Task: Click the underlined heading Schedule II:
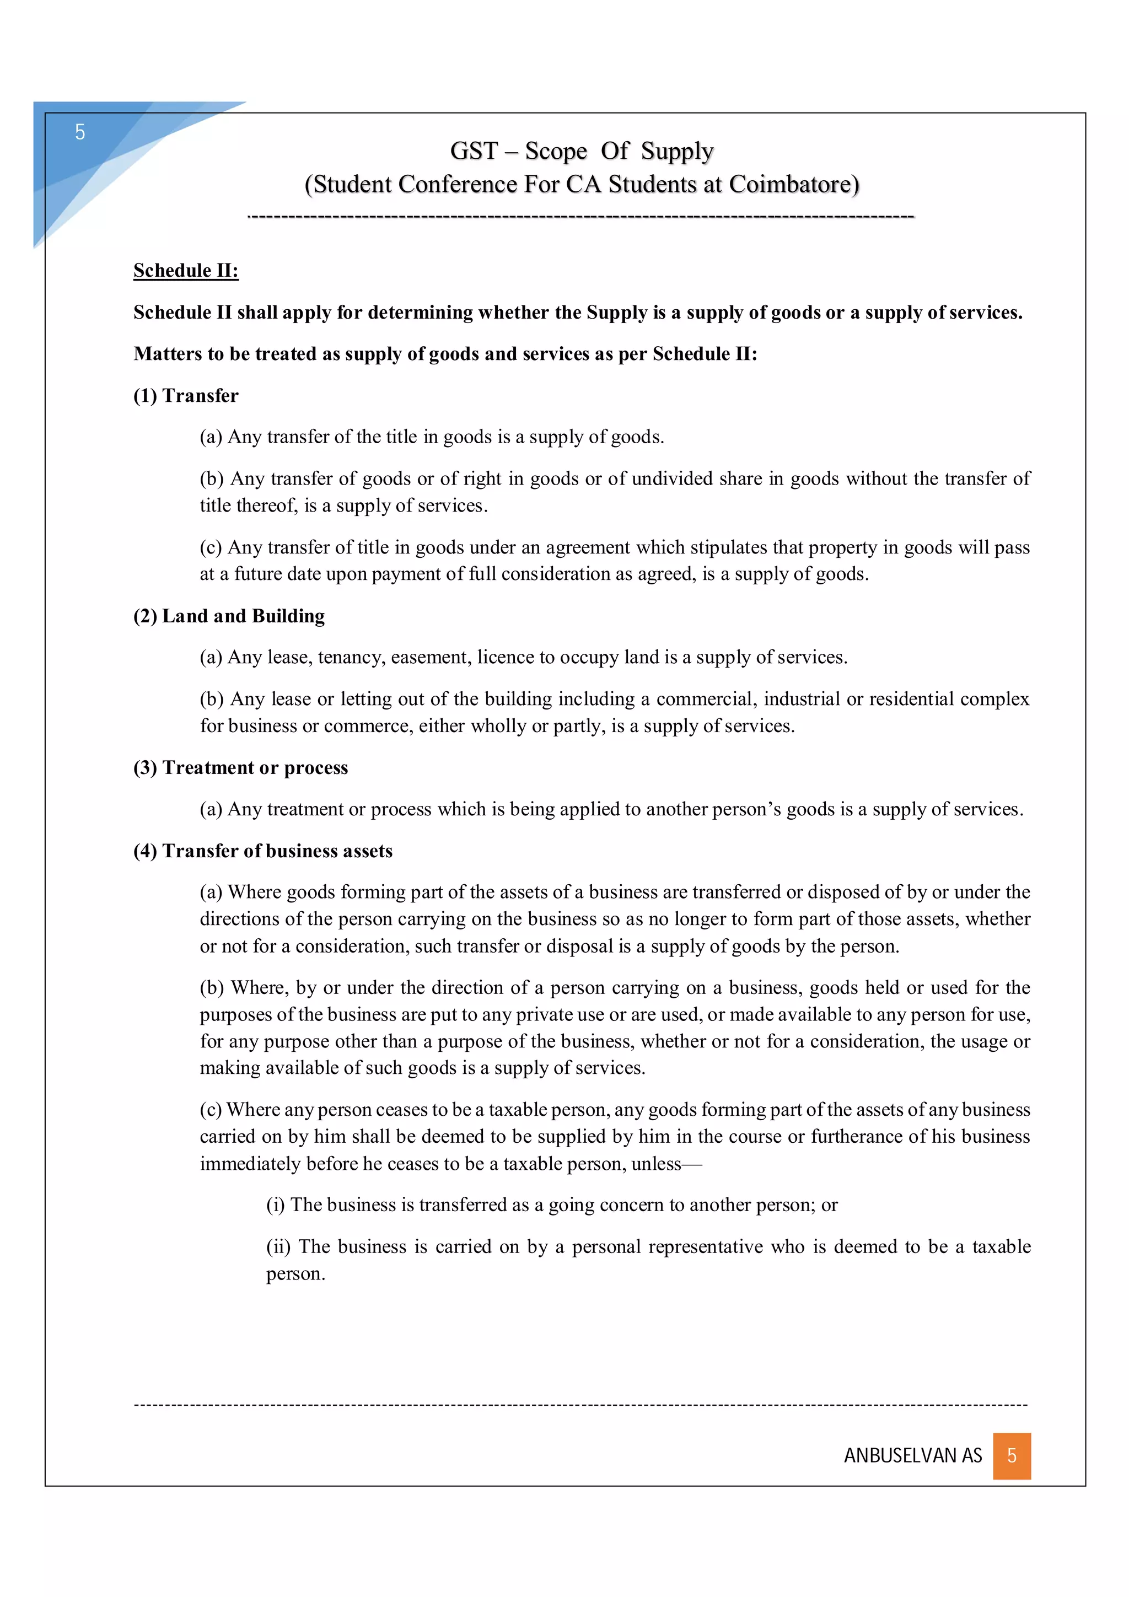(x=186, y=271)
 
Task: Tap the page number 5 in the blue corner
(x=80, y=132)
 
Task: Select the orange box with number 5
(x=1012, y=1455)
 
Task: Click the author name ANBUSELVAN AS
(x=913, y=1456)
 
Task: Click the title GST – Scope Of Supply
(x=582, y=151)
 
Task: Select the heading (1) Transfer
(x=186, y=396)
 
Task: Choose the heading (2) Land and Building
(x=229, y=616)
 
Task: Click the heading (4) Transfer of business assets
(x=263, y=851)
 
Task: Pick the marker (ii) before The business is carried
(x=278, y=1246)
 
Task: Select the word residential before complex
(x=911, y=699)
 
